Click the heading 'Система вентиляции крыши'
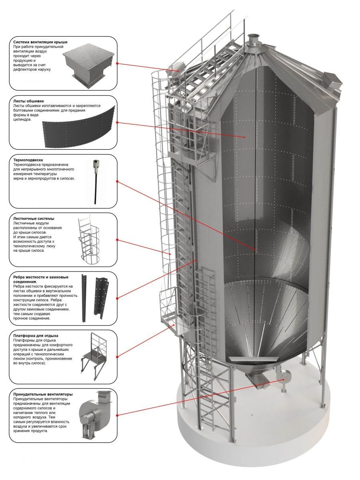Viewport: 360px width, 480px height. click(40, 42)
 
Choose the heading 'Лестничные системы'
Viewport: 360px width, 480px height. click(34, 219)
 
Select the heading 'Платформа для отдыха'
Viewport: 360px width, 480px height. click(36, 336)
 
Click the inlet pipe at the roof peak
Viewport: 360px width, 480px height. click(253, 40)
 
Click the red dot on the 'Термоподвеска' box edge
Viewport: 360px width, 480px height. click(117, 181)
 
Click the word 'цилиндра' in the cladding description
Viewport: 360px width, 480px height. click(21, 119)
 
